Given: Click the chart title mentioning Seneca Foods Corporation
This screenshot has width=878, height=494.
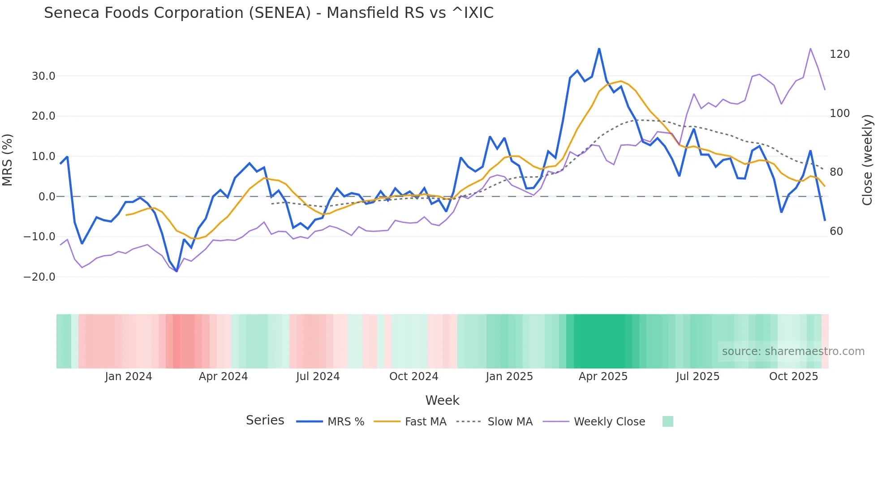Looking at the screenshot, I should [269, 13].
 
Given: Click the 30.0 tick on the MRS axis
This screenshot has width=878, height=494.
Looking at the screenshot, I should [43, 76].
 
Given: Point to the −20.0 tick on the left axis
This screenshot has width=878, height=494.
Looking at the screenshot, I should [39, 277].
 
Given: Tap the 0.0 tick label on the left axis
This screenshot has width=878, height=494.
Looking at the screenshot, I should [47, 197].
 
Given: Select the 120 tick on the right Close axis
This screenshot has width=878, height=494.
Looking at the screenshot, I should [839, 54].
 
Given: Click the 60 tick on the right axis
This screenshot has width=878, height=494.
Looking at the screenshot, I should [836, 231].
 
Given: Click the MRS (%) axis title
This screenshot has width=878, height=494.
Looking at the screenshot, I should [8, 160].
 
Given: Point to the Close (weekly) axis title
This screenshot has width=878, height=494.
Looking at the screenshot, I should [867, 160].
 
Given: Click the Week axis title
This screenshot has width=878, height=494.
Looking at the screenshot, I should [442, 400].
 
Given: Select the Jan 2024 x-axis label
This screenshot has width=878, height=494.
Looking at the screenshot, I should [129, 377].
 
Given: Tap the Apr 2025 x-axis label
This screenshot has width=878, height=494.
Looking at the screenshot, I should [603, 377].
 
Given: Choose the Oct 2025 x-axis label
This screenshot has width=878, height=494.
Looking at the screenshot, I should [793, 377].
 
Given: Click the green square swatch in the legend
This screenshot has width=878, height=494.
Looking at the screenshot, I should [667, 421].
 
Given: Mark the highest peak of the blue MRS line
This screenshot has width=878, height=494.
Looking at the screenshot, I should [599, 48].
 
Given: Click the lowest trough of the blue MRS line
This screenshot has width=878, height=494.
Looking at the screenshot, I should [176, 271].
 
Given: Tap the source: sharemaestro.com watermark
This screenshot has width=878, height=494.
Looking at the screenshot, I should [793, 351].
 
